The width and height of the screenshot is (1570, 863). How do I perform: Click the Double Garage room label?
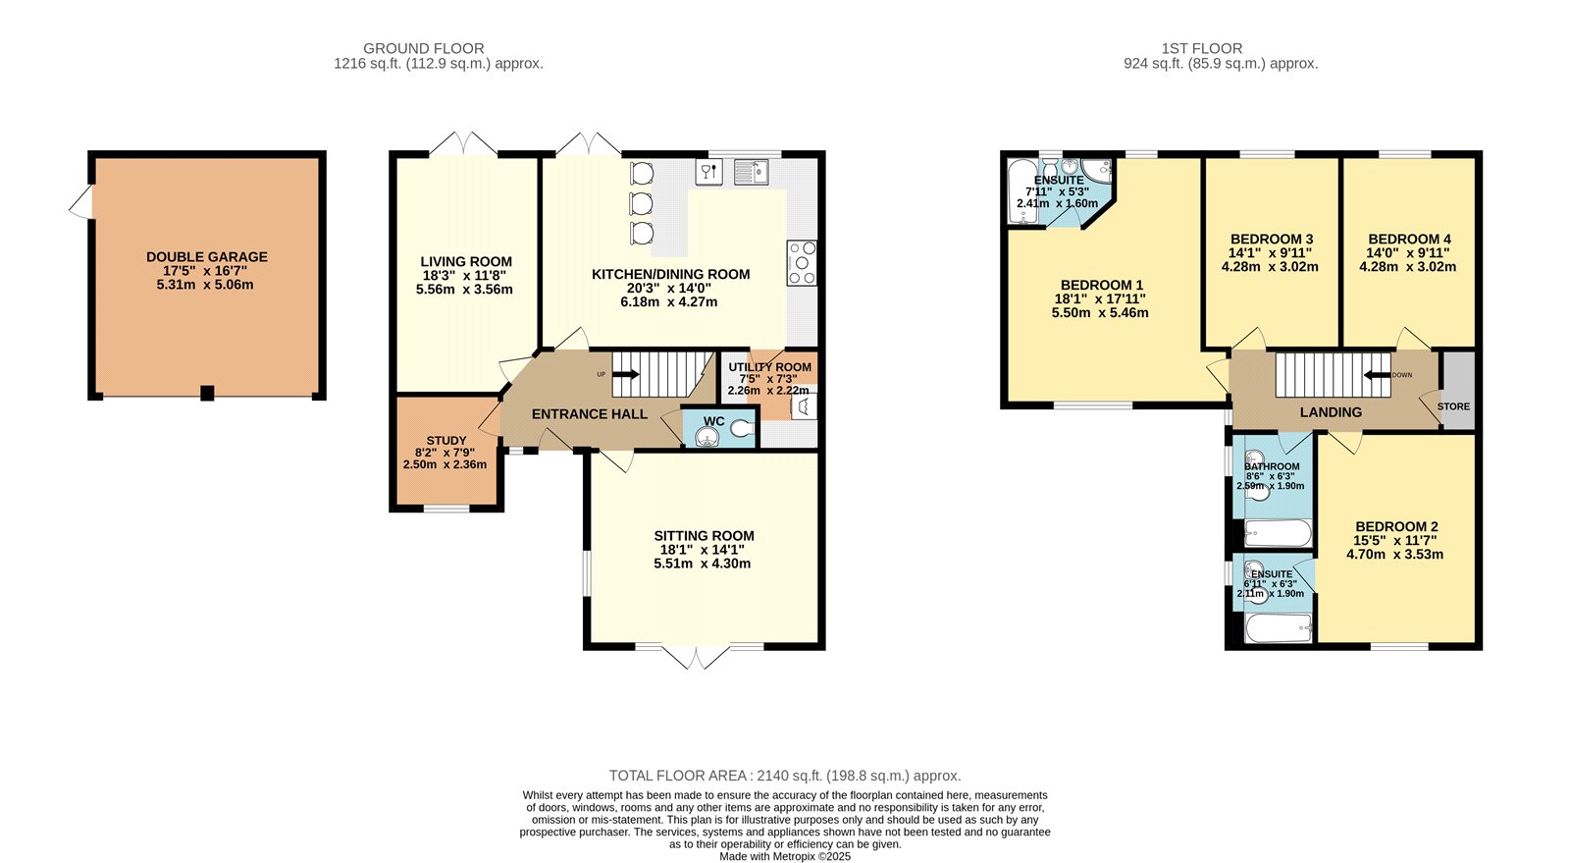coord(207,257)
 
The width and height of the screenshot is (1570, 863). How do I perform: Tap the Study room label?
coord(446,441)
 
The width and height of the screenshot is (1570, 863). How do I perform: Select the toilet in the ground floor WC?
coord(742,428)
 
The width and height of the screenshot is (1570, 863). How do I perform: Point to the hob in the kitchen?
coord(802,263)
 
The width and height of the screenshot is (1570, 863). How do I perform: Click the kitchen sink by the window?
coord(752,172)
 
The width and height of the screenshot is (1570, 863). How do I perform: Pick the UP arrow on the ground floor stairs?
coord(625,374)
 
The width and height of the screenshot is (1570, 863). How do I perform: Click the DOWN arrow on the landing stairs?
coord(1377,375)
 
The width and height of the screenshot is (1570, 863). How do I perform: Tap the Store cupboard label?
coord(1453,406)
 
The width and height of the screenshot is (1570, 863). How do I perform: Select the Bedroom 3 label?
coord(1272,239)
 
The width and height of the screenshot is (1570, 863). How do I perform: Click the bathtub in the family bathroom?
coord(1278,533)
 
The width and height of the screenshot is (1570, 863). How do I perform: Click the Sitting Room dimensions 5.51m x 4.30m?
coord(703,564)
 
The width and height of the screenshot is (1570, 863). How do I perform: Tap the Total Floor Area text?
coord(785,776)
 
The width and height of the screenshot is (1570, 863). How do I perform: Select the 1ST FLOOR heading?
coord(1202,48)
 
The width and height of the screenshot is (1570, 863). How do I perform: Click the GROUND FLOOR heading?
coord(423,48)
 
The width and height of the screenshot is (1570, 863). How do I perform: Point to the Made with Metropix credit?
coord(785,857)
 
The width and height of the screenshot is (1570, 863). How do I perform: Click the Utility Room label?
coord(769,367)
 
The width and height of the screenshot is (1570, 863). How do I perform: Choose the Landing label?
coord(1331,412)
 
